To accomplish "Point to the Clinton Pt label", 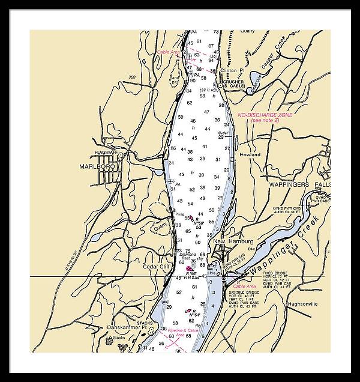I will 233,70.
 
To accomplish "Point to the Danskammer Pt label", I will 124,327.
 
